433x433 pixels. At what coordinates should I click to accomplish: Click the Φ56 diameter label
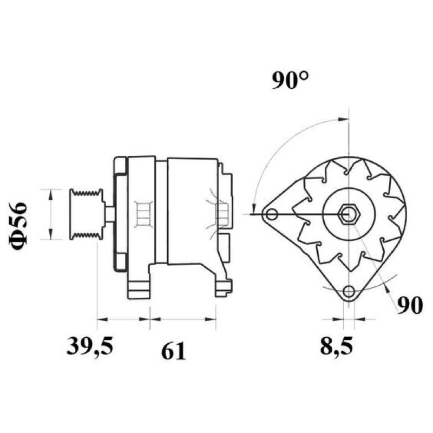19,226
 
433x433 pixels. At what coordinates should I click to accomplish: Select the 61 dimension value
173,351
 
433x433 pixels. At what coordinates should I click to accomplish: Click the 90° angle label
290,80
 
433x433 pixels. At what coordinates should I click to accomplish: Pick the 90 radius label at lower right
410,305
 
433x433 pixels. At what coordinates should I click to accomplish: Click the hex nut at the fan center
349,214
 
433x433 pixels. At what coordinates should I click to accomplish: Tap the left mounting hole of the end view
272,214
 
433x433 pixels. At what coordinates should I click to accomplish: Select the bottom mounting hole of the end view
349,291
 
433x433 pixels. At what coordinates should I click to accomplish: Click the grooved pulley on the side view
87,214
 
